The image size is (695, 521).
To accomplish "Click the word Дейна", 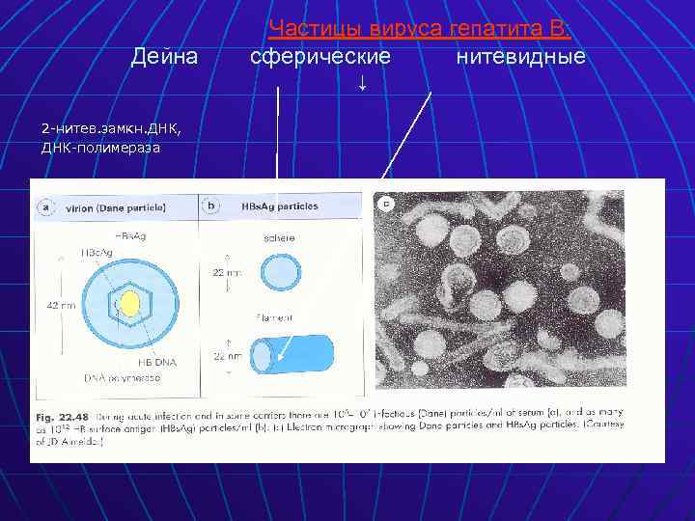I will pyautogui.click(x=165, y=57).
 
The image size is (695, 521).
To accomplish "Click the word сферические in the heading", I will pyautogui.click(x=320, y=57).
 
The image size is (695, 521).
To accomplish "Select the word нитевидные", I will pyautogui.click(x=520, y=57).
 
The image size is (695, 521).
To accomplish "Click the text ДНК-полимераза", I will pyautogui.click(x=100, y=148).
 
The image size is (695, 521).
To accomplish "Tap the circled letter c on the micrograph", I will pyautogui.click(x=387, y=203).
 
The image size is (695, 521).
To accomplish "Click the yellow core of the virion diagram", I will pyautogui.click(x=129, y=305).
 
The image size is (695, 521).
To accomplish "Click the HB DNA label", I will pyautogui.click(x=155, y=360).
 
